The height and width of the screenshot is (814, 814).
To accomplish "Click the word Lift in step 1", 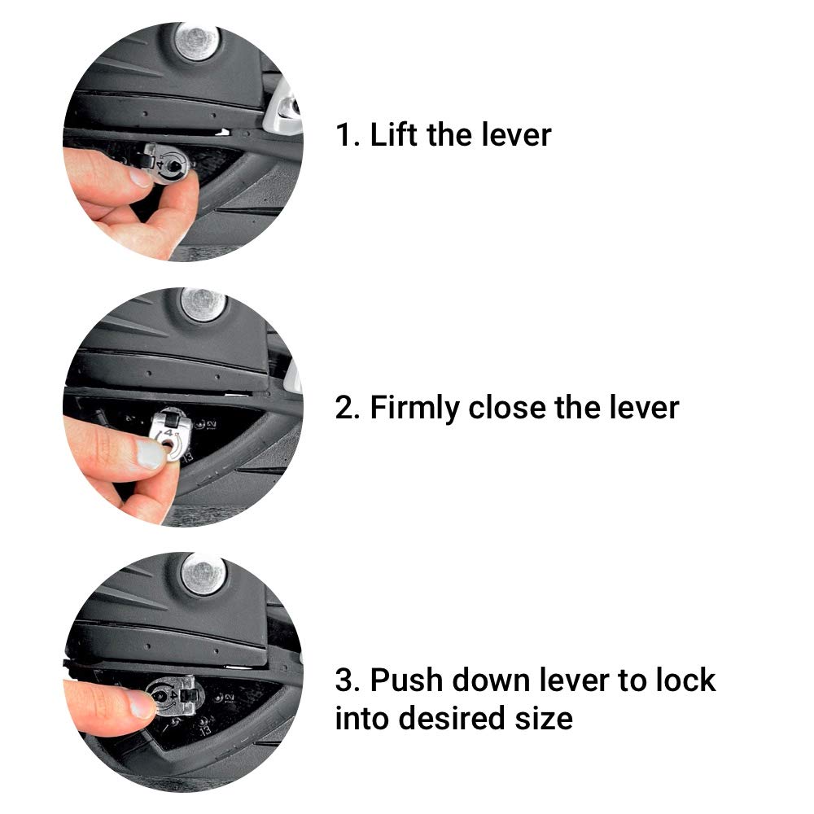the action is [x=394, y=134].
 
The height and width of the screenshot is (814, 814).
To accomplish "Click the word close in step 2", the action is [x=507, y=408].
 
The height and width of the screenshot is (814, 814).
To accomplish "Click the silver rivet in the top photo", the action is [x=197, y=41].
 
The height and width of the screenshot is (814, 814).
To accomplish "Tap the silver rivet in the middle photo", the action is [x=203, y=304].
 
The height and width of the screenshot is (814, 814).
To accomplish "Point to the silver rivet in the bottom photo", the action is [x=204, y=574].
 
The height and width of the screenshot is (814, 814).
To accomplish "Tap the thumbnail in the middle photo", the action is [x=150, y=453].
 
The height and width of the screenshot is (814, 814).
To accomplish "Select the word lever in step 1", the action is [x=516, y=135].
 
